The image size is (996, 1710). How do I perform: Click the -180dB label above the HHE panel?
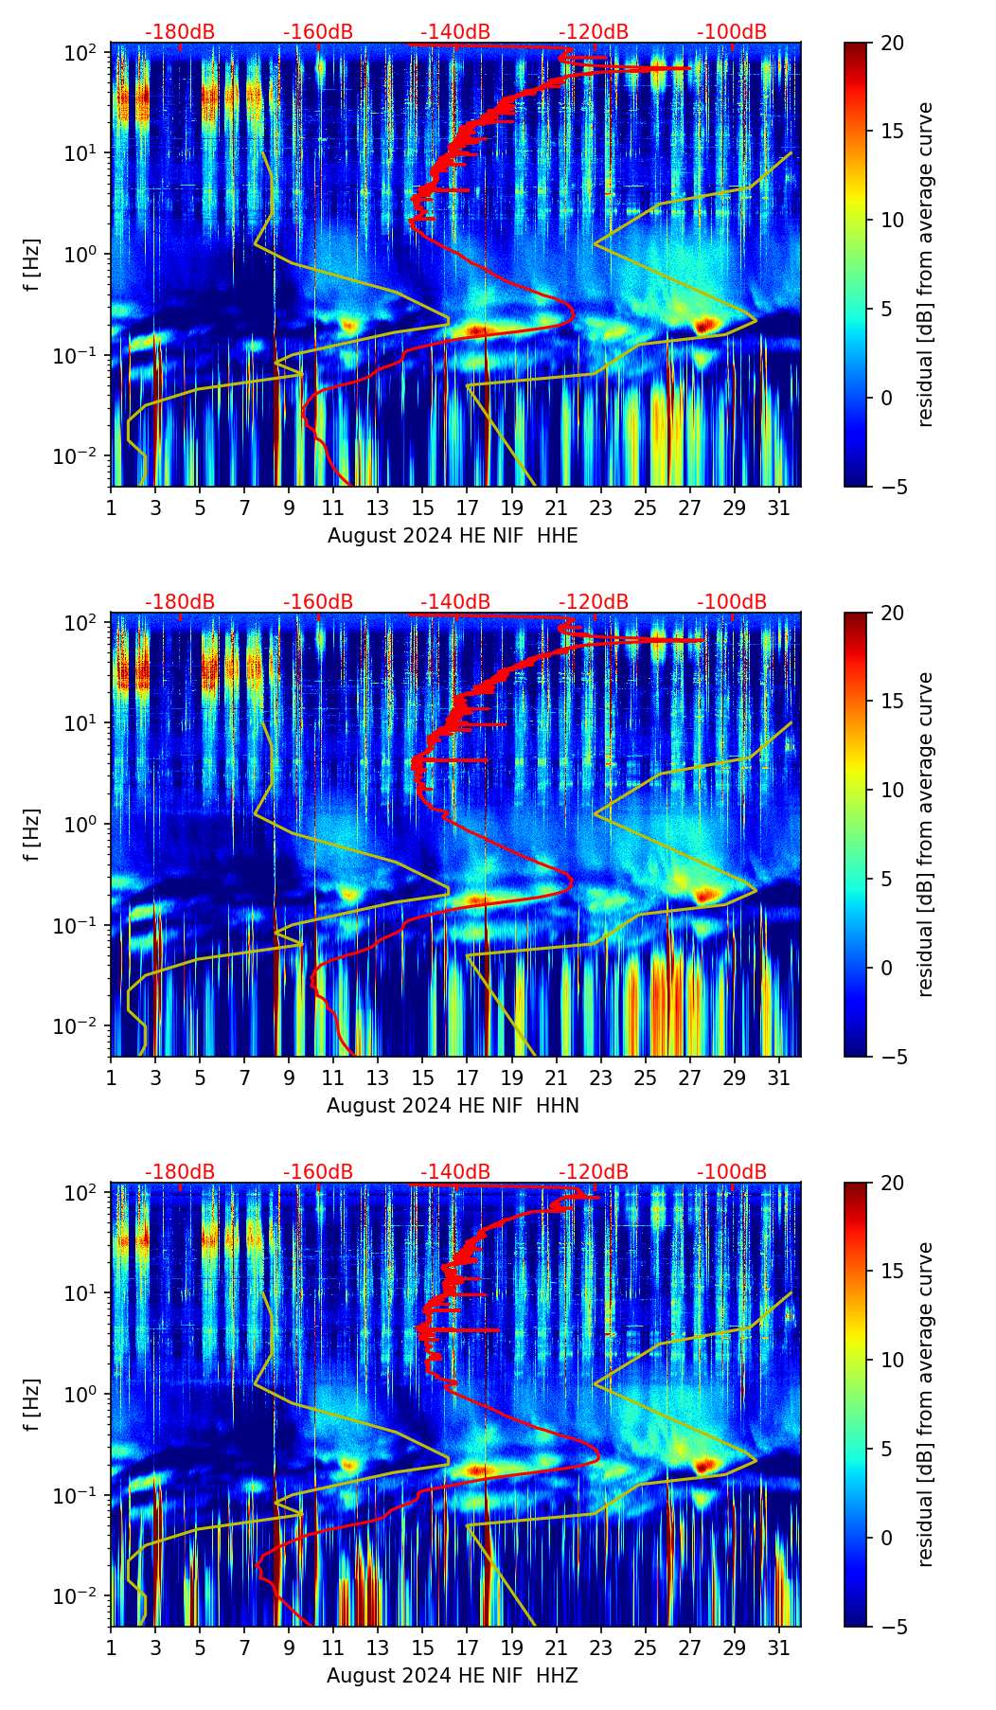click(x=180, y=32)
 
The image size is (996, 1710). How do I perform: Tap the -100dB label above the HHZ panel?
click(x=732, y=1172)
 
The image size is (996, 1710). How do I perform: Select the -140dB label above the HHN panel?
click(x=455, y=602)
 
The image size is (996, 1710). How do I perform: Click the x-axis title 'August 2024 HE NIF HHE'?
click(x=453, y=536)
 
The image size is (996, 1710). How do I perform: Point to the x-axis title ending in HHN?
click(x=453, y=1106)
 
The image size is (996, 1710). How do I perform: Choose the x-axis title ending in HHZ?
click(x=453, y=1676)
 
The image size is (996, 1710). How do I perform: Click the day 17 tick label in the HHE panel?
click(x=468, y=507)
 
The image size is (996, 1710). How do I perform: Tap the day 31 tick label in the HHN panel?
click(x=779, y=1077)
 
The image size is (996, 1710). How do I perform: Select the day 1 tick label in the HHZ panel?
click(x=112, y=1647)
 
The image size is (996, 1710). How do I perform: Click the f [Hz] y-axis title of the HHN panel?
click(x=33, y=834)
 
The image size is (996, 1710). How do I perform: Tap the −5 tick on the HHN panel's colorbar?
click(x=890, y=1057)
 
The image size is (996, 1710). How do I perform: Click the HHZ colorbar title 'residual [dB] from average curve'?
click(x=925, y=1404)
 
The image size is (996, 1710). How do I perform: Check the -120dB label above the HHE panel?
click(x=594, y=32)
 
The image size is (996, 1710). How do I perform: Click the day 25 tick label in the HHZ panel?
click(x=646, y=1647)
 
